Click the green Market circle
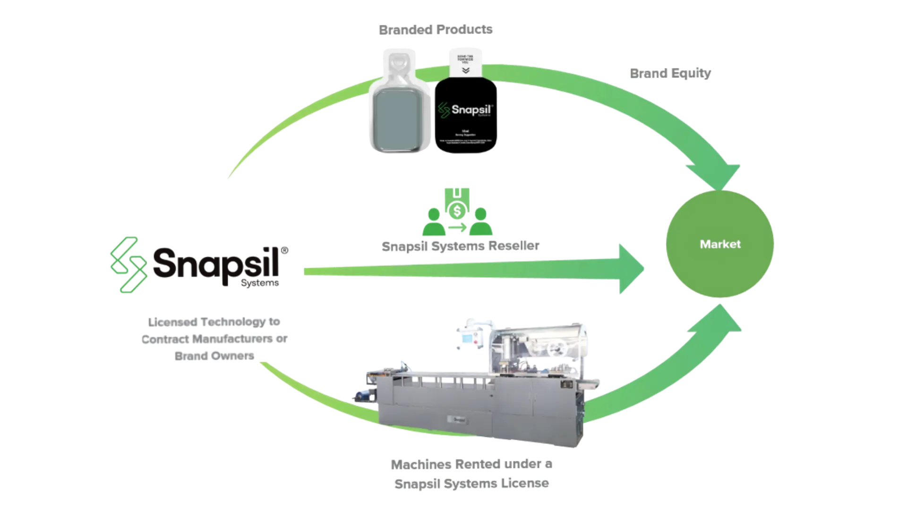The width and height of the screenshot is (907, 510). (x=719, y=244)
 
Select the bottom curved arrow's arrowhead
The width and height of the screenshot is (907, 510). (x=723, y=321)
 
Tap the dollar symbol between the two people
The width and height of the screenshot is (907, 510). (x=457, y=208)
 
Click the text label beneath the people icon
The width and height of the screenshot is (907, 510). (x=460, y=246)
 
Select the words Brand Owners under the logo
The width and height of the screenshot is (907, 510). (x=215, y=355)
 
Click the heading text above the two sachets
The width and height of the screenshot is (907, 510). (x=436, y=29)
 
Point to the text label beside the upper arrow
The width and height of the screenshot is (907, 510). (x=670, y=73)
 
